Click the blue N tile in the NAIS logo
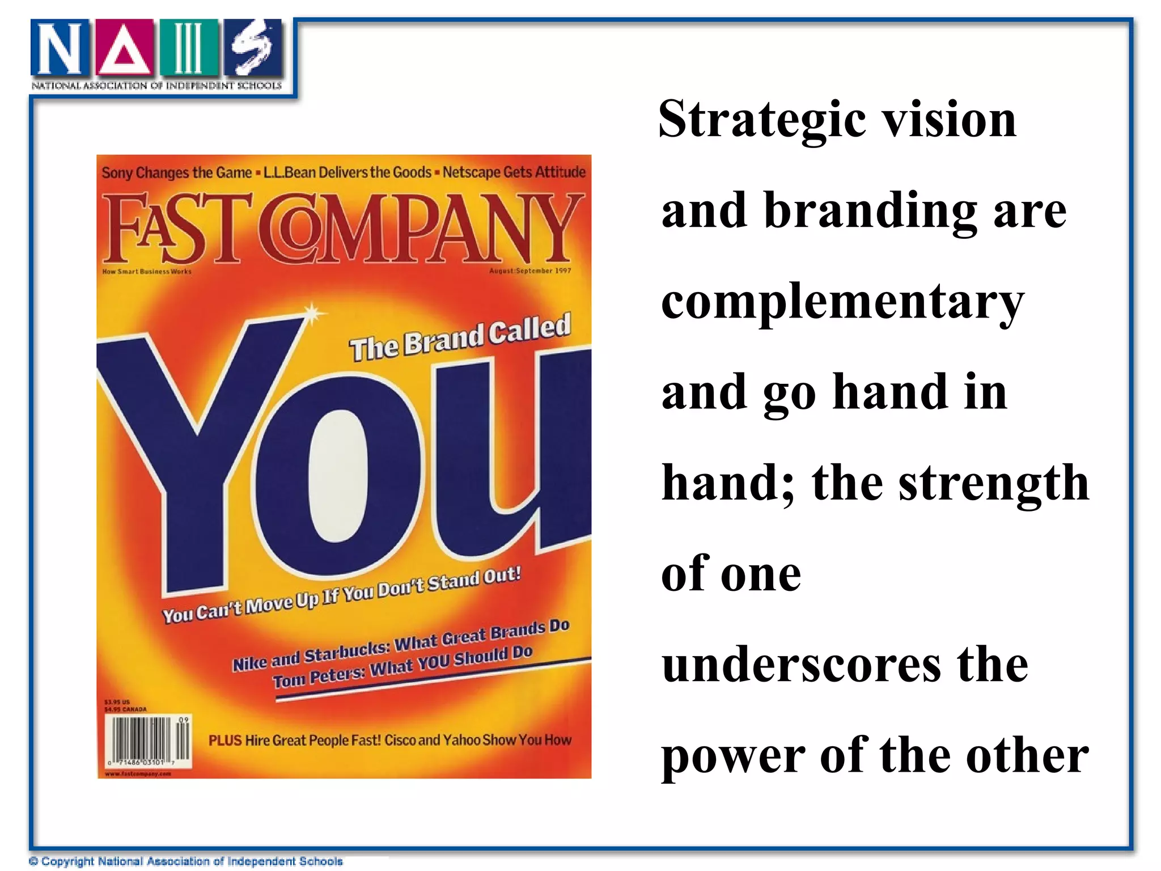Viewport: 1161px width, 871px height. pyautogui.click(x=60, y=49)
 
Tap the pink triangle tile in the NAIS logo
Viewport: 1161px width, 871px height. pyautogui.click(x=125, y=49)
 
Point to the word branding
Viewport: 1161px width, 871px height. pyautogui.click(x=870, y=211)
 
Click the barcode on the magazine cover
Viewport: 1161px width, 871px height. pyautogui.click(x=149, y=741)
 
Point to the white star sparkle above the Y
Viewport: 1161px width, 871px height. pyautogui.click(x=312, y=314)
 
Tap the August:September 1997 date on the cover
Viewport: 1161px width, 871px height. pyautogui.click(x=530, y=271)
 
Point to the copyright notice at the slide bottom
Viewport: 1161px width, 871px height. pyautogui.click(x=186, y=861)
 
